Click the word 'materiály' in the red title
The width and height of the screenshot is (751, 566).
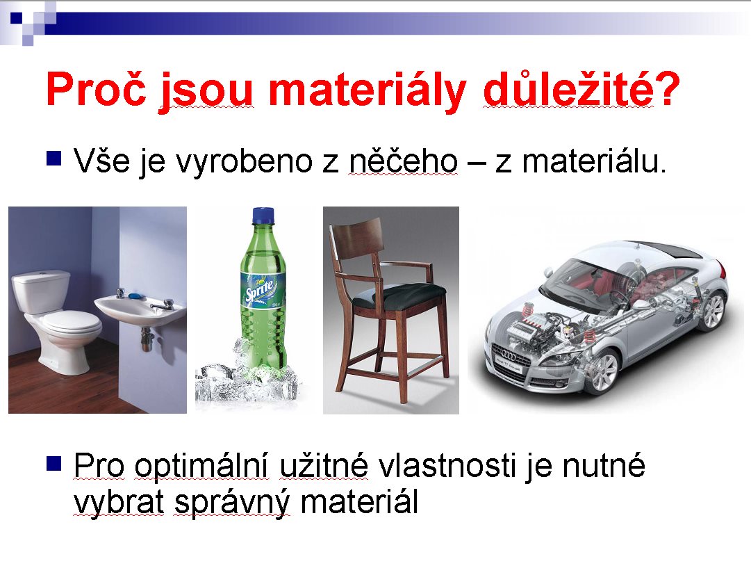tap(367, 90)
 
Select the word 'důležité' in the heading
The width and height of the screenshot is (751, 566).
tap(568, 89)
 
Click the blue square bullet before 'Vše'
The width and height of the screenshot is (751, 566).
tap(54, 158)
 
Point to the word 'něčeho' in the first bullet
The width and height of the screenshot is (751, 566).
tap(403, 161)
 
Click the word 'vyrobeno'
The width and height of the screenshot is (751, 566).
tap(245, 163)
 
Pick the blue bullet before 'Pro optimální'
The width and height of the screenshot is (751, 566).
tap(54, 464)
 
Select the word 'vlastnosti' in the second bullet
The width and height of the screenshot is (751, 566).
tap(447, 465)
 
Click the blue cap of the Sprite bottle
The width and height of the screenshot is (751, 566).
tap(263, 216)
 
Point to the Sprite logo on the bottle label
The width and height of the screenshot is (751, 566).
tap(260, 291)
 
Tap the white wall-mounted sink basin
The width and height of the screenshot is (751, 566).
tap(140, 309)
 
